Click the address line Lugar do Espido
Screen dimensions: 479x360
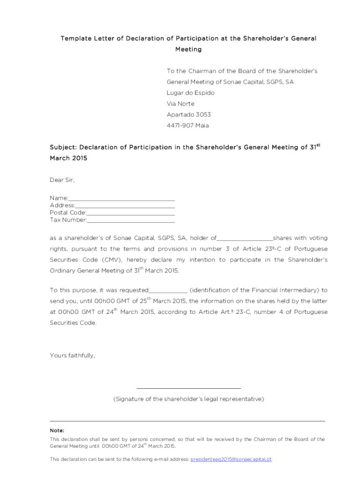[191, 93]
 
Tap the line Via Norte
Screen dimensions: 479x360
[180, 103]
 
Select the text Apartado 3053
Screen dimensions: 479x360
[189, 115]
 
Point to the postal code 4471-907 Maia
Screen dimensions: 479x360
[188, 125]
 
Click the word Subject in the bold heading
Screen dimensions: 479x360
[63, 147]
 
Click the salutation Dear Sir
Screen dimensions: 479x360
[62, 180]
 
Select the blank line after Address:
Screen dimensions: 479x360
[125, 206]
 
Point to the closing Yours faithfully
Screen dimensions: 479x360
[72, 356]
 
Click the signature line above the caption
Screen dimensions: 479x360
[188, 388]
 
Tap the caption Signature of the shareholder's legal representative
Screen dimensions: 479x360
[188, 399]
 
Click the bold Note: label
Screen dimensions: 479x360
[57, 430]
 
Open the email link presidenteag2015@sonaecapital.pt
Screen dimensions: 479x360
[231, 459]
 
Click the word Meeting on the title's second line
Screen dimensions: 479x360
[188, 49]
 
